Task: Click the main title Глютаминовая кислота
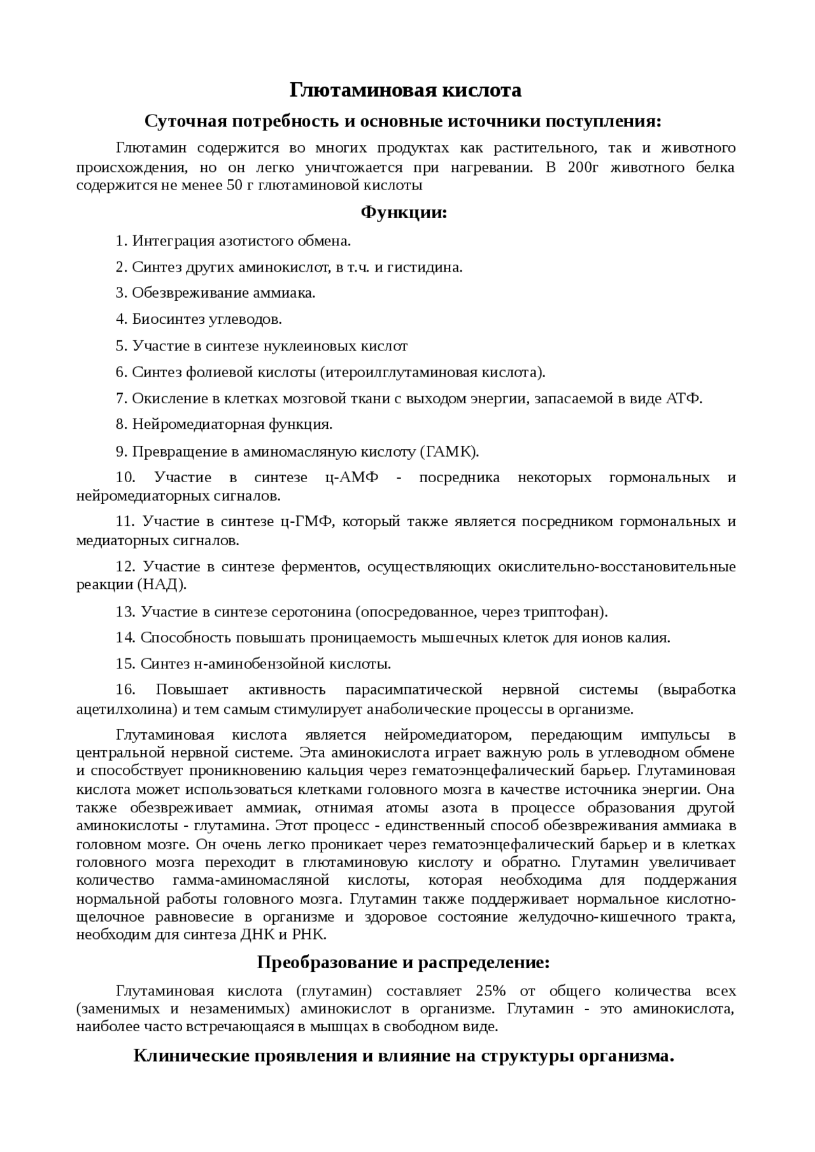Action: tap(406, 90)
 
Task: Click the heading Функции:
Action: tap(404, 212)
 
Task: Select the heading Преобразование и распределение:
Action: tap(403, 962)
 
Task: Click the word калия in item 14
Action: tap(651, 637)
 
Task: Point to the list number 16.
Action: tap(125, 690)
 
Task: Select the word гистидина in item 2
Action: tap(429, 267)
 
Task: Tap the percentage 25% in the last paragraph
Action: tap(490, 990)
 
